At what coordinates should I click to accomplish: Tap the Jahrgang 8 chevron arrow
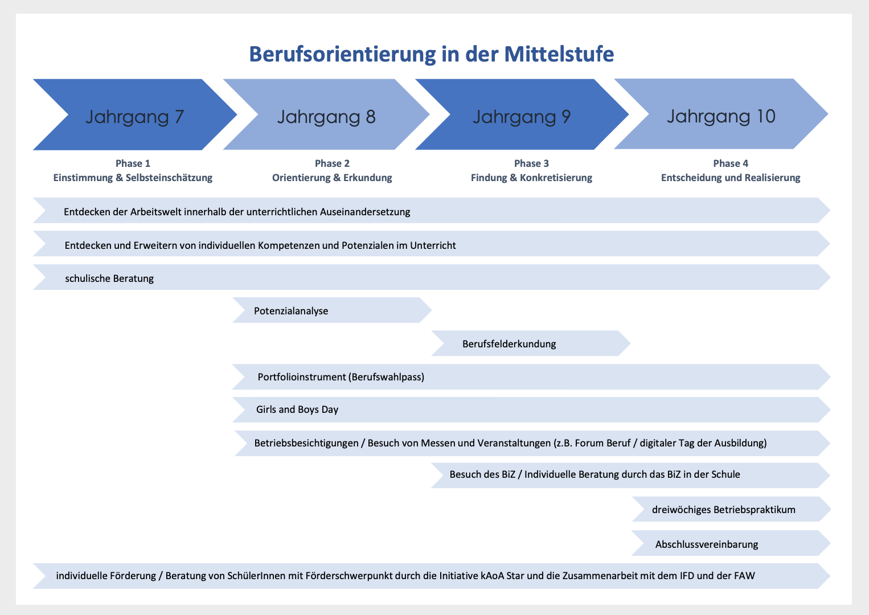tap(326, 114)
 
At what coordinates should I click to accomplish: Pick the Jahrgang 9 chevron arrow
tap(522, 114)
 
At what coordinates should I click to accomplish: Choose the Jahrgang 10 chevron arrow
tap(721, 114)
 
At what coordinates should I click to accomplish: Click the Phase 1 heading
tap(133, 163)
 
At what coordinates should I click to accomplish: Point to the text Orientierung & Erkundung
tap(332, 178)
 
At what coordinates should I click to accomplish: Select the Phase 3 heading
tap(531, 163)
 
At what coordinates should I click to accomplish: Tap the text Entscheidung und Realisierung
tap(731, 178)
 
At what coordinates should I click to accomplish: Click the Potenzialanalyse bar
tap(331, 310)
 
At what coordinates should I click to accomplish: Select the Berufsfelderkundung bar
tap(531, 343)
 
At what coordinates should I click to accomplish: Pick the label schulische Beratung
tap(109, 278)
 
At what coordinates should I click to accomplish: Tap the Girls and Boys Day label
tap(297, 410)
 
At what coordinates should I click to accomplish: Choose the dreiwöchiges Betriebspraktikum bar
tap(731, 509)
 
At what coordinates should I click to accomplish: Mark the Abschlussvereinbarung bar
tap(731, 543)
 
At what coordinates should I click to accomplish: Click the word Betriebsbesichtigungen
tap(306, 443)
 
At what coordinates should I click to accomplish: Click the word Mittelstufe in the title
tap(559, 55)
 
